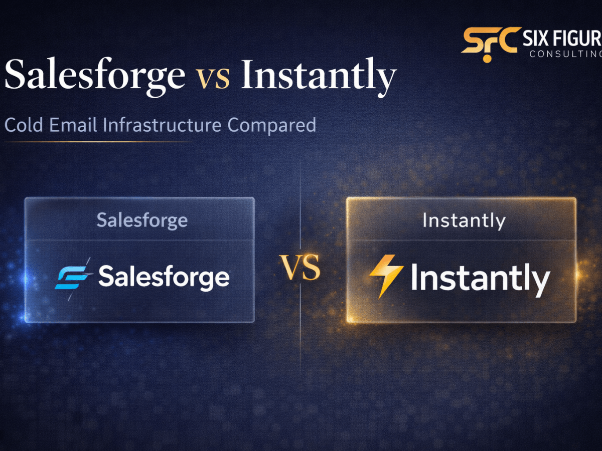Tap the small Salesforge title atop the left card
(142, 220)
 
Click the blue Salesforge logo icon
(73, 277)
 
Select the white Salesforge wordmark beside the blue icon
(164, 277)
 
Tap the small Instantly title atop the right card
(464, 220)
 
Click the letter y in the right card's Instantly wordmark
(540, 283)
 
